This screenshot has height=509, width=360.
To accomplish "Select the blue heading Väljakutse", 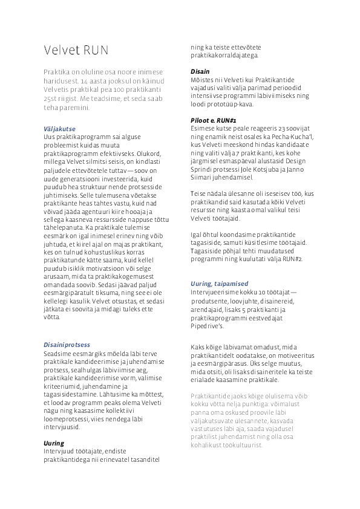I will pyautogui.click(x=60, y=129).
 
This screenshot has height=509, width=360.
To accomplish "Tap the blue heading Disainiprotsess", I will pyautogui.click(x=67, y=344).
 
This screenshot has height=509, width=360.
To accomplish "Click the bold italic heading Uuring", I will pyautogui.click(x=54, y=426).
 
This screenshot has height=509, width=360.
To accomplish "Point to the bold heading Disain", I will pyautogui.click(x=200, y=72).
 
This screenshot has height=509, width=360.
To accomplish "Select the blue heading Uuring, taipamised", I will pyautogui.click(x=219, y=283).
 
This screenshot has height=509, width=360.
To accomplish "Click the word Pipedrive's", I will pyautogui.click(x=208, y=326).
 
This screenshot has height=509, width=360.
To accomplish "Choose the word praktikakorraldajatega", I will pyautogui.click(x=224, y=55).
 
